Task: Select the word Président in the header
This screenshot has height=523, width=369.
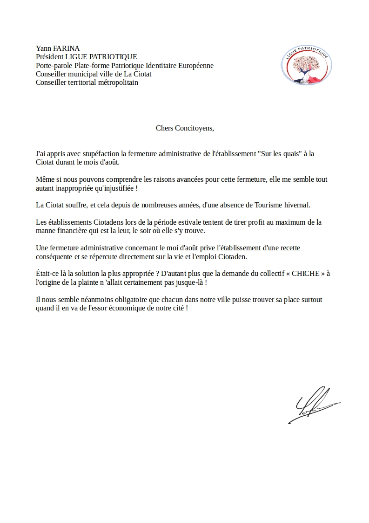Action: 50,57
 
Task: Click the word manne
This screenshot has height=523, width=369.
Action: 46,231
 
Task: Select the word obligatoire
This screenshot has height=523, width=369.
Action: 113,300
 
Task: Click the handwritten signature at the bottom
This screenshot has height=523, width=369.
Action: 312,405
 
